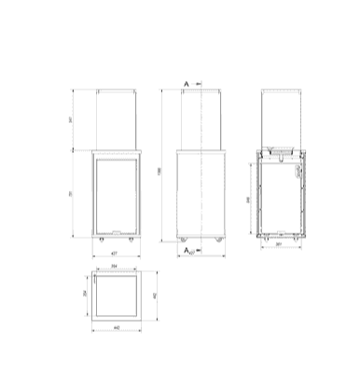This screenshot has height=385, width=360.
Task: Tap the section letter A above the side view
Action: click(187, 84)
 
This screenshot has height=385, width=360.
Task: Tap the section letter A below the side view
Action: click(187, 250)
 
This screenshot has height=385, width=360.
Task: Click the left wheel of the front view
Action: click(101, 240)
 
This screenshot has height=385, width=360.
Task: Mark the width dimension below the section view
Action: click(281, 248)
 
